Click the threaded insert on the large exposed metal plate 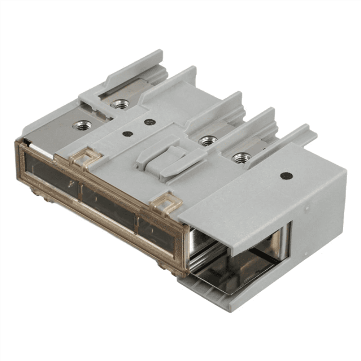(82, 125)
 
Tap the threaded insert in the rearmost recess (120, 104)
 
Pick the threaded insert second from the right (208, 140)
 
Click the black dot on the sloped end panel (286, 176)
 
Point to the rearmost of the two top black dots (150, 122)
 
